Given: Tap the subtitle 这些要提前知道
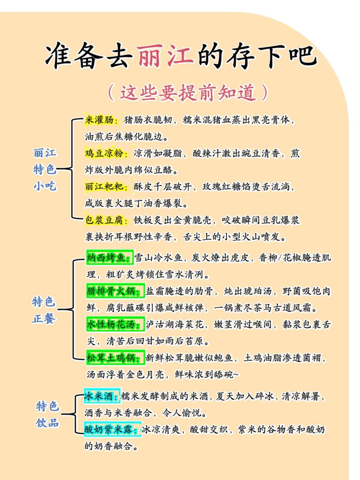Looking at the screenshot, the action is pos(188,93).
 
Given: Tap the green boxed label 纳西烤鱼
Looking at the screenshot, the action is pos(110,257).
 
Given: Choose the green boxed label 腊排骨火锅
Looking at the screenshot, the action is pos(115,291).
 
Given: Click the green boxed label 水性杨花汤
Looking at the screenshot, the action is pos(115,324).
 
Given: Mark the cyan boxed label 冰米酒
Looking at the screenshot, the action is pos(102,396).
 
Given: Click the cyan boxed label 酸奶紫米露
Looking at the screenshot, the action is pos(112,429).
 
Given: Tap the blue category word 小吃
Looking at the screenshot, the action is pos(45,186).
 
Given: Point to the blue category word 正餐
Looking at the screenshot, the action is pos(44,319).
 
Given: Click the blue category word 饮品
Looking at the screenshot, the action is pos(47,423).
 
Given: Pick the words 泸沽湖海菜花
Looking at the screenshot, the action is pos(175,324).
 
